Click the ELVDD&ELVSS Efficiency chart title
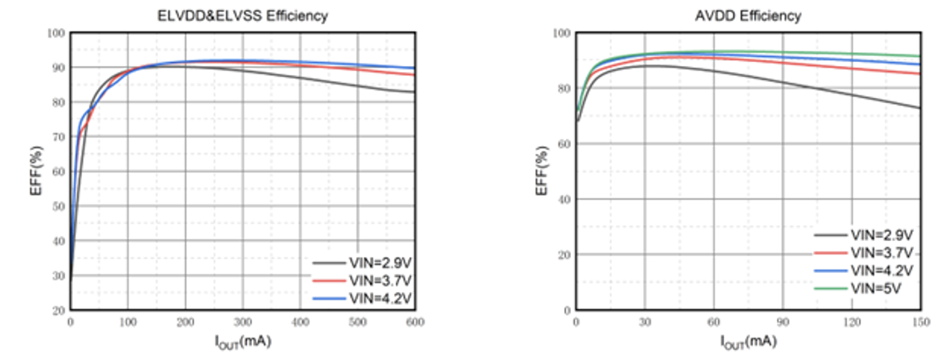[243, 16]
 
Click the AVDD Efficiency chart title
[748, 16]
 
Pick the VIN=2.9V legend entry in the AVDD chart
[878, 234]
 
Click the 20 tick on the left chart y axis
[60, 311]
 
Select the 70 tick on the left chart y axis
[60, 137]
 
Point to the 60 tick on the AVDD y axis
[565, 144]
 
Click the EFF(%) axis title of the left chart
[37, 172]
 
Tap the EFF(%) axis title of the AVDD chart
[542, 172]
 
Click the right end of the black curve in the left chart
[414, 92]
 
